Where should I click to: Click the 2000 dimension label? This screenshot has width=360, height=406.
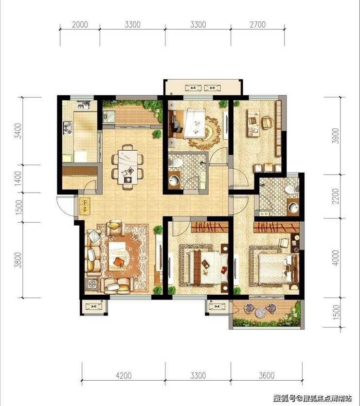[x=80, y=25]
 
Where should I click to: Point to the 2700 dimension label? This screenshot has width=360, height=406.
[x=258, y=25]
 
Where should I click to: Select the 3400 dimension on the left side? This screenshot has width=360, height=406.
[x=18, y=131]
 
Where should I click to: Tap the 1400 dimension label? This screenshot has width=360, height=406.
[x=18, y=178]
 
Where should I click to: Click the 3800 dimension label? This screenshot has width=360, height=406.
[x=18, y=260]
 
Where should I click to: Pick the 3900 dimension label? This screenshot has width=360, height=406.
[x=336, y=136]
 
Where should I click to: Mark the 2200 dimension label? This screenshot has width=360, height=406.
[x=336, y=196]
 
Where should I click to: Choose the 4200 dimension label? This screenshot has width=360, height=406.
[x=124, y=375]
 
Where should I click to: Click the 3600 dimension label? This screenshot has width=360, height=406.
[x=267, y=375]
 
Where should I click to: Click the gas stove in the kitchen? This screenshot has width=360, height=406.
[x=68, y=128]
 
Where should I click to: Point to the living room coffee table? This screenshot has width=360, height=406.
[x=117, y=256]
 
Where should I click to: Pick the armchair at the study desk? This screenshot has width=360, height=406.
[x=267, y=123]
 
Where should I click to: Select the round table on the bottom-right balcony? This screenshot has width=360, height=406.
[x=261, y=313]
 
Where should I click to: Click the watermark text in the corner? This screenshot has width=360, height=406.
[x=312, y=398]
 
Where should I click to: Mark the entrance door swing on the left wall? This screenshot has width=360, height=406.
[x=65, y=206]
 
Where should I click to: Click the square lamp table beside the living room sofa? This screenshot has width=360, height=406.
[x=92, y=284]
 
